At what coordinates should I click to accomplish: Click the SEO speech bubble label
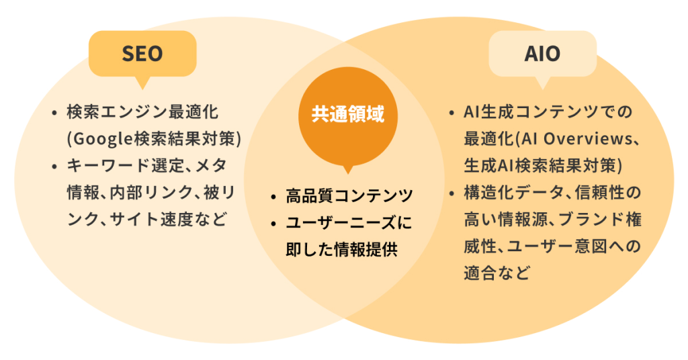point(142,54)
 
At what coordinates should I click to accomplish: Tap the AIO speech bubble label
point(542,54)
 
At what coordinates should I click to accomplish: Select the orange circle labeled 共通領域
point(347,114)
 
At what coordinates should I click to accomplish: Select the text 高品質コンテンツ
point(349,196)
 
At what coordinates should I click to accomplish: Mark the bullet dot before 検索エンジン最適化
point(54,111)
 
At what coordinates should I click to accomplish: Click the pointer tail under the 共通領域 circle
point(347,169)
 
